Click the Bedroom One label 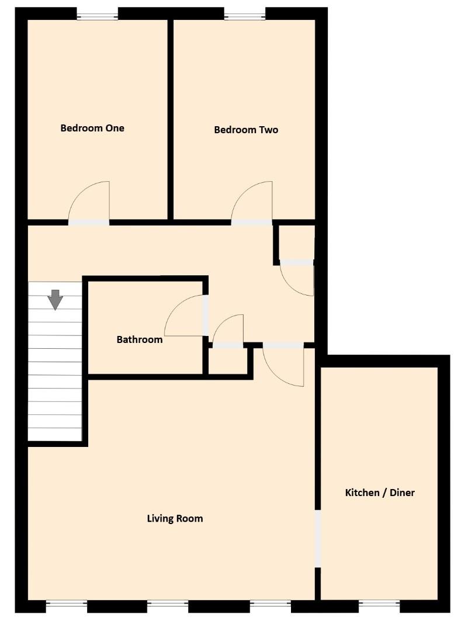pos(92,128)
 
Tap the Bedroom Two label pos(246,130)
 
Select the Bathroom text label pos(140,339)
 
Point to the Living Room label pos(175,518)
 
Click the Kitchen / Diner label pos(380,493)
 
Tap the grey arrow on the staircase pos(56,299)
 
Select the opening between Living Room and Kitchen pos(318,538)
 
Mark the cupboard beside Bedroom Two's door pos(296,242)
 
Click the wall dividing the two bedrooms pos(171,120)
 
